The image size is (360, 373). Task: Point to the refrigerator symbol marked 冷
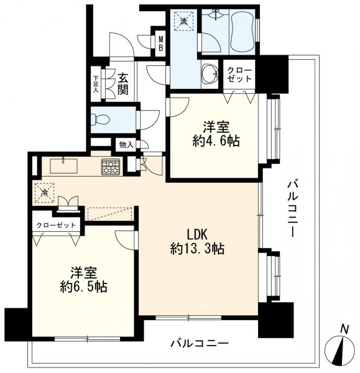pos(44,193)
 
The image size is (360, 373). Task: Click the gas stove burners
pos(111,167)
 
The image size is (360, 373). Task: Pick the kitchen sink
pos(63,166)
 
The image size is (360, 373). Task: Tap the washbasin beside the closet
pos(210,74)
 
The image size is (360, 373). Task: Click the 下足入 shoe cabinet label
pos(96,84)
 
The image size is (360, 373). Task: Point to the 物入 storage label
pos(126,145)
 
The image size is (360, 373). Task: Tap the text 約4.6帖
pos(216,141)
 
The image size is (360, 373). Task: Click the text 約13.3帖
pos(197,249)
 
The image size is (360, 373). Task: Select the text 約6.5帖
pos(83,287)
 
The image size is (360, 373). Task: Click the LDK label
pos(198,234)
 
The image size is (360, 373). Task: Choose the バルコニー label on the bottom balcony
pos(200,343)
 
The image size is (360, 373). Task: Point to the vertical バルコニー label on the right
pos(292,209)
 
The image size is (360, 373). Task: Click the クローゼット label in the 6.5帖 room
pos(56,225)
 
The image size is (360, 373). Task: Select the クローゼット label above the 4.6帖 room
pos(239,75)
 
